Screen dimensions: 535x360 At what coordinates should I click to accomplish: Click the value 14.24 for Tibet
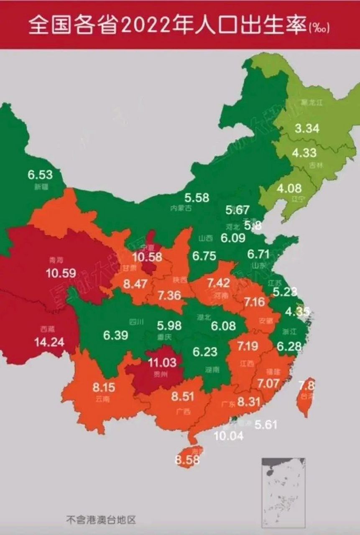point(49,342)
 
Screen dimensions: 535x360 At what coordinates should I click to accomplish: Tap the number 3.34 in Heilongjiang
point(307,128)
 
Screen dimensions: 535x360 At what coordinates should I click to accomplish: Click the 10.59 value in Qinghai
point(61,273)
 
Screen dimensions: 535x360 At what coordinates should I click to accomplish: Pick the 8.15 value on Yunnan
point(103,387)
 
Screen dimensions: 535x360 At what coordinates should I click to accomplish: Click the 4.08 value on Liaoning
point(289,188)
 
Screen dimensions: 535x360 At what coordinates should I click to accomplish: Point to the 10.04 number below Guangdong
point(228,436)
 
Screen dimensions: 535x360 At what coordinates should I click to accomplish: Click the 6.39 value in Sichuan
point(116,335)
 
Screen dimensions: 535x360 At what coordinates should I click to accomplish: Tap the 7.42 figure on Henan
point(218,283)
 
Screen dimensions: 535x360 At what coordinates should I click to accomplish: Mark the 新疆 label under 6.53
point(41,187)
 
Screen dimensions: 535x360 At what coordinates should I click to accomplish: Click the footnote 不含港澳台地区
point(101,520)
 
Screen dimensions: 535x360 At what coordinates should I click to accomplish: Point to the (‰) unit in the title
point(319,28)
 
